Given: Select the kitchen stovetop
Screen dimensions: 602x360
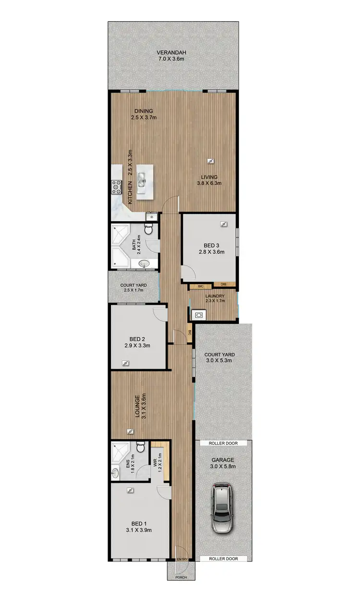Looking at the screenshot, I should click(x=117, y=187).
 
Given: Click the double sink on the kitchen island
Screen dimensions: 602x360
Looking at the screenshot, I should click(x=142, y=180).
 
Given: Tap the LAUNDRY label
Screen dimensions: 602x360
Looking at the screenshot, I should click(x=212, y=295).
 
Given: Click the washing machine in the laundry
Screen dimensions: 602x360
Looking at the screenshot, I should click(x=198, y=315).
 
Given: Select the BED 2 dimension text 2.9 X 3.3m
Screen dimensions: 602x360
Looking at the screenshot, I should click(x=138, y=344).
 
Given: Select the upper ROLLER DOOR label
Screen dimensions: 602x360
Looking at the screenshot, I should click(x=224, y=444).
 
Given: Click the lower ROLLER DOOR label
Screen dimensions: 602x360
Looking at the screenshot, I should click(x=224, y=559).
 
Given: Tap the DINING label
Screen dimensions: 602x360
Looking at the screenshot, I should click(x=143, y=111).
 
